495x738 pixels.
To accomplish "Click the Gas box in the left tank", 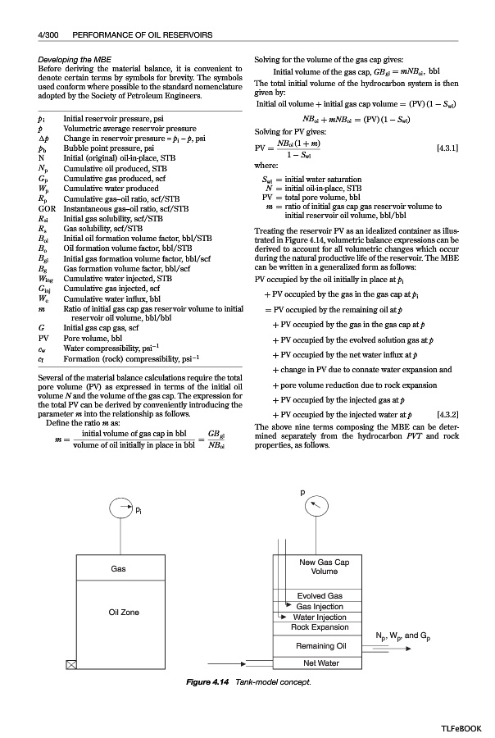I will [x=118, y=568].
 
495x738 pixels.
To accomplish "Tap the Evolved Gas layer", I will [x=320, y=595].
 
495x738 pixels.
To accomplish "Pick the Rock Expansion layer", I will [x=320, y=627].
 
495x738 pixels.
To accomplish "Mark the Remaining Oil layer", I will [x=320, y=646].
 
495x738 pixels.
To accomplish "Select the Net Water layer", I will [x=320, y=663].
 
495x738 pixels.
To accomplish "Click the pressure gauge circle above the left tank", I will [x=119, y=510].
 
